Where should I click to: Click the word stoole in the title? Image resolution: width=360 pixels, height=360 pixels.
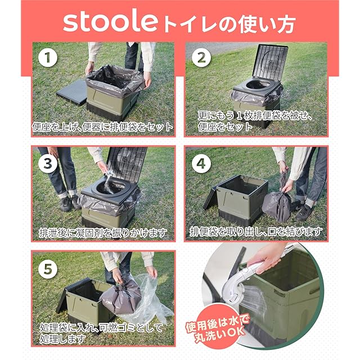[x=110, y=22]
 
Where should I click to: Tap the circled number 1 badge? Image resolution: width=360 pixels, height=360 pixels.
[x=48, y=57]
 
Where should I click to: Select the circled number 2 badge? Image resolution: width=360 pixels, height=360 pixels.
[x=201, y=57]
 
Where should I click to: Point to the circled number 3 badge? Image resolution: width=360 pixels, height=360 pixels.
[x=48, y=164]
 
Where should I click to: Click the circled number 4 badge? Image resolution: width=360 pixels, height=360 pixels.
[x=201, y=164]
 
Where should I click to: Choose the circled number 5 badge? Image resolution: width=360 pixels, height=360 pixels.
[x=48, y=269]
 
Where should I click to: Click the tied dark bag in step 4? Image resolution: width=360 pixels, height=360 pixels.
[x=277, y=203]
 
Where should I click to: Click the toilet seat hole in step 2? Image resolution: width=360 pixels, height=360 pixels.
[x=257, y=84]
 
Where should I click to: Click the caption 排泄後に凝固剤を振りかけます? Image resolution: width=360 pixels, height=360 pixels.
[x=103, y=233]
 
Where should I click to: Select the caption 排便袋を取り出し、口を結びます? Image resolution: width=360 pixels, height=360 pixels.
[x=256, y=232]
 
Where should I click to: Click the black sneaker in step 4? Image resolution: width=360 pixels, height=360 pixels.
[x=304, y=211]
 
